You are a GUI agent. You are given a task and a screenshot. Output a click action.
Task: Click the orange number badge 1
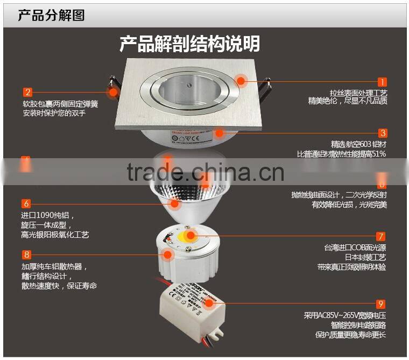(382, 82)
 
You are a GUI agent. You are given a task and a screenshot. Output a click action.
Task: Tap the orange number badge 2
(27, 92)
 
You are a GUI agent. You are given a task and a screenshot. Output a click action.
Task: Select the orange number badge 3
(382, 133)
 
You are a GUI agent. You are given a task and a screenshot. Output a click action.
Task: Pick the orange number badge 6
(26, 203)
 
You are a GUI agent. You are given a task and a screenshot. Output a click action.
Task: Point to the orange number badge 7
(381, 236)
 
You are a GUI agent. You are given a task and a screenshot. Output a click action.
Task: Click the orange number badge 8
(26, 255)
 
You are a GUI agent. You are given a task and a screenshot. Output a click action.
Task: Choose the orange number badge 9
(381, 304)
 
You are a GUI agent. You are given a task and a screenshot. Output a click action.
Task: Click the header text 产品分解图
(52, 15)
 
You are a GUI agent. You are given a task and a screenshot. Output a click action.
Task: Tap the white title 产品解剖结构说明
(189, 44)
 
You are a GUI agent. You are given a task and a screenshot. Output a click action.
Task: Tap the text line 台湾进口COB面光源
(355, 248)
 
